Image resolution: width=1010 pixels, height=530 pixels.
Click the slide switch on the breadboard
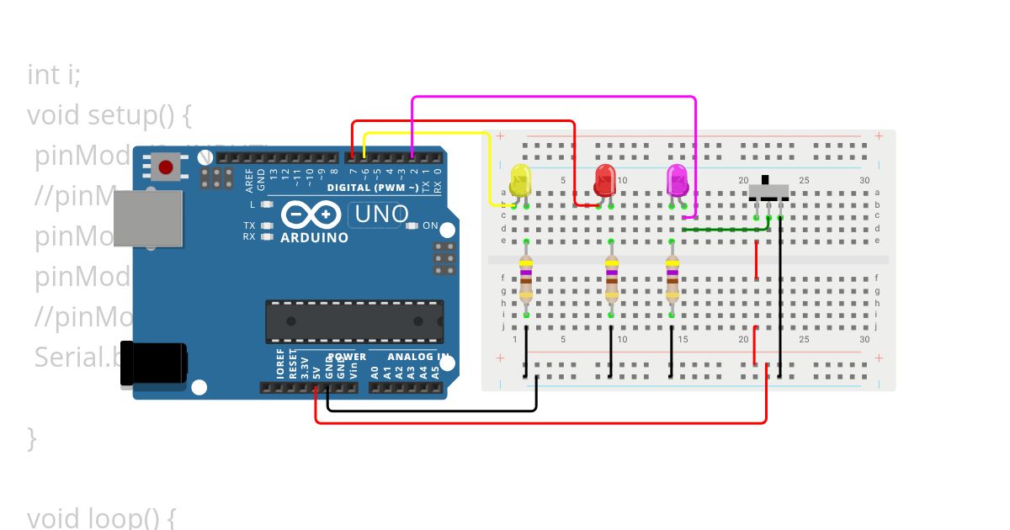pos(768,192)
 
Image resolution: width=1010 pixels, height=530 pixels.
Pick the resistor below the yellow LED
pos(526,279)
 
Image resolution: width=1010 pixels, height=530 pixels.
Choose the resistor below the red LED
pos(611,279)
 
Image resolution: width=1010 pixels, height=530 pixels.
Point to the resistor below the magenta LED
pos(672,279)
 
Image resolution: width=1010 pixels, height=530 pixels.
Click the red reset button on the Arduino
pos(166,167)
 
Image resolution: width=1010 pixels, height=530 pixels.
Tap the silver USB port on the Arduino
pos(148,218)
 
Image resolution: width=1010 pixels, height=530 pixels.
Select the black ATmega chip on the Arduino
pos(353,321)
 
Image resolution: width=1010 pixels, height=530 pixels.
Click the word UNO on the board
pos(381,215)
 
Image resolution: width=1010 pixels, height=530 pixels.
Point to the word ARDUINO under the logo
pos(315,238)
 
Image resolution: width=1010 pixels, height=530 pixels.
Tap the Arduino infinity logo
pos(303,215)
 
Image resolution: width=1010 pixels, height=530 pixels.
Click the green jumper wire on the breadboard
pos(726,228)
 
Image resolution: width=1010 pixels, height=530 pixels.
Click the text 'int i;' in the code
pos(54,75)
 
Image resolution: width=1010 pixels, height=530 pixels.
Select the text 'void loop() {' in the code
pos(101,517)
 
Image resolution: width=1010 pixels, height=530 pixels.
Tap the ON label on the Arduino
pos(430,225)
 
